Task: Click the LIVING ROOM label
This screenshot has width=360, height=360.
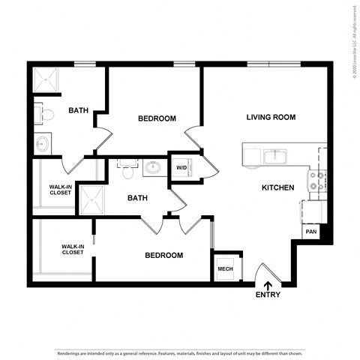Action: tap(271, 117)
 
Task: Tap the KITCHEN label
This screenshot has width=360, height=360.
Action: tap(277, 187)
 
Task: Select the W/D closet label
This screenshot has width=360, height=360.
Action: tap(181, 167)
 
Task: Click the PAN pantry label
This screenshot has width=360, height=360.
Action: tap(310, 232)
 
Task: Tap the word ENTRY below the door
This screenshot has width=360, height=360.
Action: tap(268, 295)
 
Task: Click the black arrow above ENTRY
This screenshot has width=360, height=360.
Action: tap(268, 283)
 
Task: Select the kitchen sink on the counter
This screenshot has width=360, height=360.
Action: tap(274, 156)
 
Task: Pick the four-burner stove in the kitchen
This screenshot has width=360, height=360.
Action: tap(316, 181)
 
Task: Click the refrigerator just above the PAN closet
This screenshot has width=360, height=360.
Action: tap(313, 211)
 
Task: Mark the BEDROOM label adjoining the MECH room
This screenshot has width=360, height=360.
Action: tap(163, 255)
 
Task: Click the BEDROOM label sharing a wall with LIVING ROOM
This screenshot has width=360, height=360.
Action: tap(157, 118)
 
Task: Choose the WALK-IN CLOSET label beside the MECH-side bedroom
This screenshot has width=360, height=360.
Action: tap(72, 248)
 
